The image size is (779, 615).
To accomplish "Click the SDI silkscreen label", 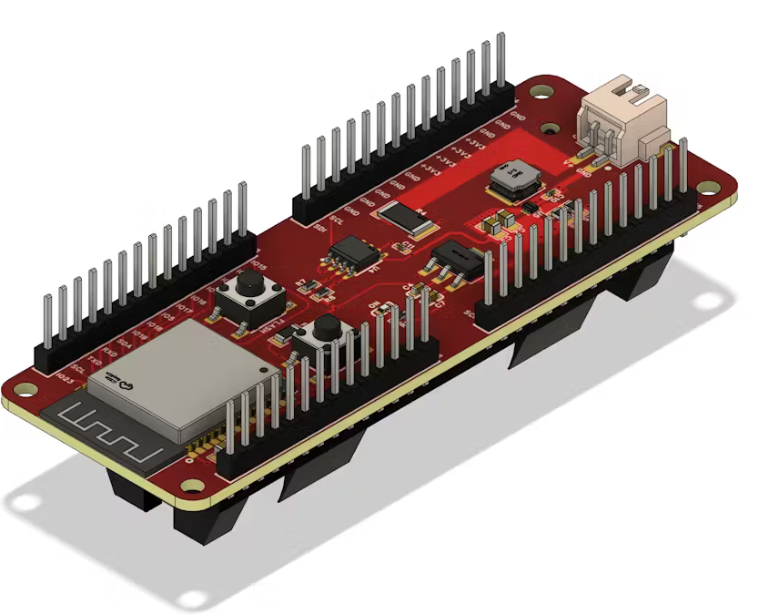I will (x=320, y=227).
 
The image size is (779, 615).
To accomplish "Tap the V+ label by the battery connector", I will (x=571, y=162).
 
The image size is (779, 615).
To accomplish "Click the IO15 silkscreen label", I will (x=258, y=265).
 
